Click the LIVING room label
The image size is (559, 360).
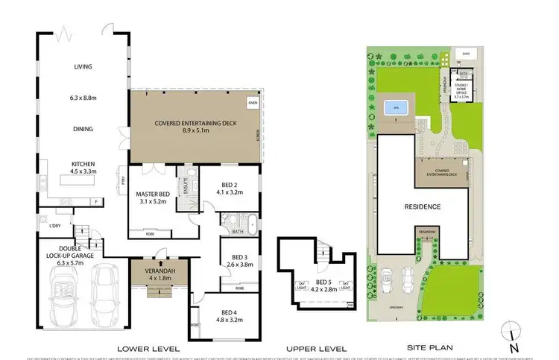[83, 67]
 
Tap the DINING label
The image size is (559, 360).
[83, 129]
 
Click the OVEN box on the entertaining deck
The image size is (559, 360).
[253, 102]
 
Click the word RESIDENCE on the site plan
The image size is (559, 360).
[423, 206]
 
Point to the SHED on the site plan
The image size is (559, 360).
[465, 54]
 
